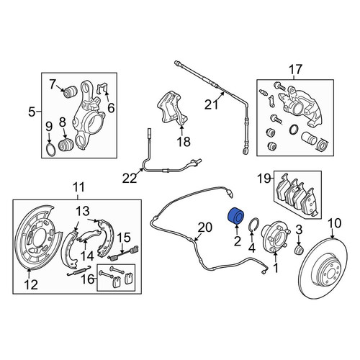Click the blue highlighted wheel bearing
coord(235,215)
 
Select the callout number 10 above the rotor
coord(335,223)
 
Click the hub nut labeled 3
coord(299,251)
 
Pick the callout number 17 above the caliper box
coord(295,70)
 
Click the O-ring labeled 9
coord(50,150)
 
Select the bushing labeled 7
coord(69,92)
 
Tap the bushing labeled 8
coord(66,145)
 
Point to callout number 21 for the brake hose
coord(212,104)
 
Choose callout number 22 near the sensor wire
coord(130,179)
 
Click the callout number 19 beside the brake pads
coord(264,179)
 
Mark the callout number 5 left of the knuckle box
coord(32,112)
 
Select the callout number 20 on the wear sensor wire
coord(205,228)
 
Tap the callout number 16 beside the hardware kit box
coord(87,279)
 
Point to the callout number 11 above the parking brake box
coord(78,187)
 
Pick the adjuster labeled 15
coord(123,253)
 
